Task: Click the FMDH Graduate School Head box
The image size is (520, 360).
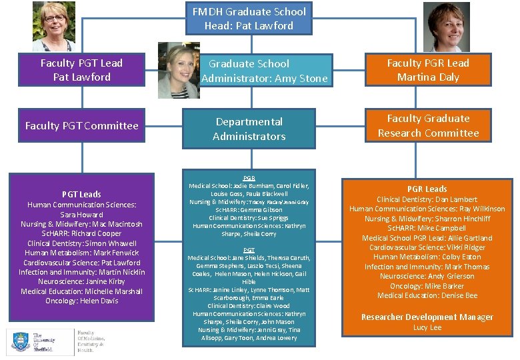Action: pos(249,19)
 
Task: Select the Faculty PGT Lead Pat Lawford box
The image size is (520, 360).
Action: pos(81,70)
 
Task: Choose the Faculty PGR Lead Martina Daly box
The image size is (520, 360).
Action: pos(428,70)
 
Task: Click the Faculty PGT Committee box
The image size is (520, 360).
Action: pos(81,125)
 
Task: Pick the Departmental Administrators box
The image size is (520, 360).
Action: pos(249,129)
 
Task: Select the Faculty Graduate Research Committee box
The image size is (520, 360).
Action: pos(428,125)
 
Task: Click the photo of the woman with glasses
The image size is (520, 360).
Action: pos(54,27)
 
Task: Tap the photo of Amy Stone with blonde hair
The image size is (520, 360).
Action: pos(178,70)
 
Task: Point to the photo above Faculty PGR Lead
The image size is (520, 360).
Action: pos(446,27)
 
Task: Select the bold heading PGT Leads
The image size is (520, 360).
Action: pos(81,195)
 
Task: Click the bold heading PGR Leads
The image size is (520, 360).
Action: pos(427,189)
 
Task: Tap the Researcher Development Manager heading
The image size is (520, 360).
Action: pos(427,317)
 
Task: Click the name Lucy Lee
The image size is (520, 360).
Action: pos(427,327)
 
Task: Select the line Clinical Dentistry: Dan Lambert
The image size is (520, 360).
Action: pos(427,199)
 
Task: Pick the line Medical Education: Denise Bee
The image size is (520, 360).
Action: pos(427,295)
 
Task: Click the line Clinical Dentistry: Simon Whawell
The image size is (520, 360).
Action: pos(81,243)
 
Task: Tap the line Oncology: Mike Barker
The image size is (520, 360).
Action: pos(427,286)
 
